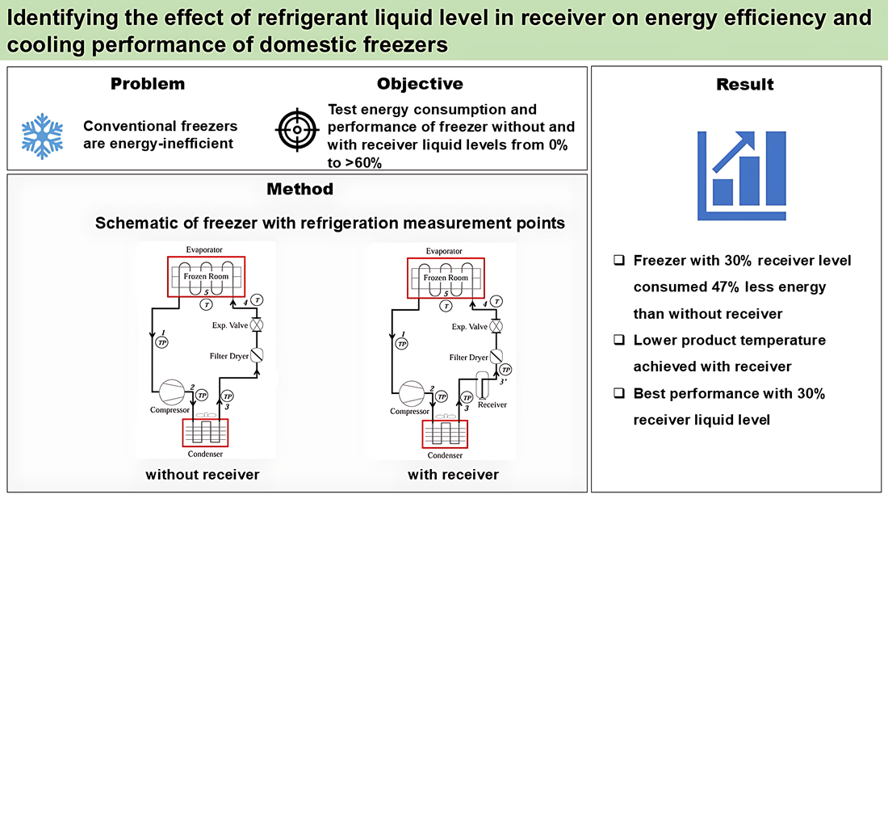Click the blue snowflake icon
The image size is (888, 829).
42,135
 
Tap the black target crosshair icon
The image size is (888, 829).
299,129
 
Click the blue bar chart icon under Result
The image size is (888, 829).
742,175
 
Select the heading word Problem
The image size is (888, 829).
148,84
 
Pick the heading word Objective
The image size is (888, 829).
420,84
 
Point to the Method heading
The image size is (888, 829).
300,190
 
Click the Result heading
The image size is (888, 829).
744,85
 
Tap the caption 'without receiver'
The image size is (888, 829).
203,475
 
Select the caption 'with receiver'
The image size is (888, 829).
453,475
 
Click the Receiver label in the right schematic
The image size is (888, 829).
492,404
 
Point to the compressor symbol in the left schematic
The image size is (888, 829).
171,392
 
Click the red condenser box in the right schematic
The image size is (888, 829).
445,433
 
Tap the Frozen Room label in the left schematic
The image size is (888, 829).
206,277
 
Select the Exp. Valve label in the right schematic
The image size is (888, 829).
469,327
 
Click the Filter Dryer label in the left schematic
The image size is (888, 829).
228,356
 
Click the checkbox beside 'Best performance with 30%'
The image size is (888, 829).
619,393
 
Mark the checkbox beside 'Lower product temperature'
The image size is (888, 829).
619,340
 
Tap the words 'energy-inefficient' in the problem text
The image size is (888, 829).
157,144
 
